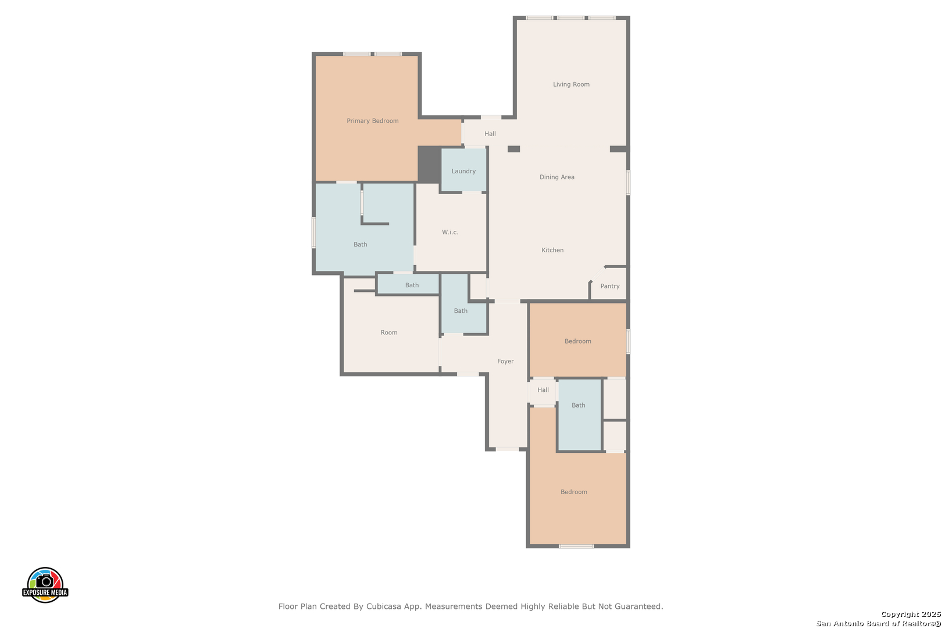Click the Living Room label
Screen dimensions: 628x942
point(571,84)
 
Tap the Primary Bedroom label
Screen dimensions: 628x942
point(373,121)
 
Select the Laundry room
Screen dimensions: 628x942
point(463,171)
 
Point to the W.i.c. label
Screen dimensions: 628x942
point(450,232)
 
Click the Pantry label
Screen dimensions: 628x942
point(610,286)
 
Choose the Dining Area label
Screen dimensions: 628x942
point(556,177)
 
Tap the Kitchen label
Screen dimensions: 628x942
point(552,250)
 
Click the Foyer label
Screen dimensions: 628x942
point(505,361)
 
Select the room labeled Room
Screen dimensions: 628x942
point(389,333)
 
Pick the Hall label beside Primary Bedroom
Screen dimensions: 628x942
point(490,134)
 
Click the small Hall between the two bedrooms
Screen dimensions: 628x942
point(543,390)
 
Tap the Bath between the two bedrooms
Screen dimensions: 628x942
point(579,405)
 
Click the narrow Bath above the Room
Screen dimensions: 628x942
point(412,285)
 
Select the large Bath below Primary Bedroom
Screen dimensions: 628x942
point(361,244)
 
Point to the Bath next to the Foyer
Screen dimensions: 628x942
point(461,311)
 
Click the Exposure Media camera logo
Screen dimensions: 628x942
point(45,584)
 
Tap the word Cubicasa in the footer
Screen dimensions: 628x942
point(384,606)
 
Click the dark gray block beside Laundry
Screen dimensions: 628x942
point(429,164)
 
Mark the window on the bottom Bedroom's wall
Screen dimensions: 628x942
point(576,546)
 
